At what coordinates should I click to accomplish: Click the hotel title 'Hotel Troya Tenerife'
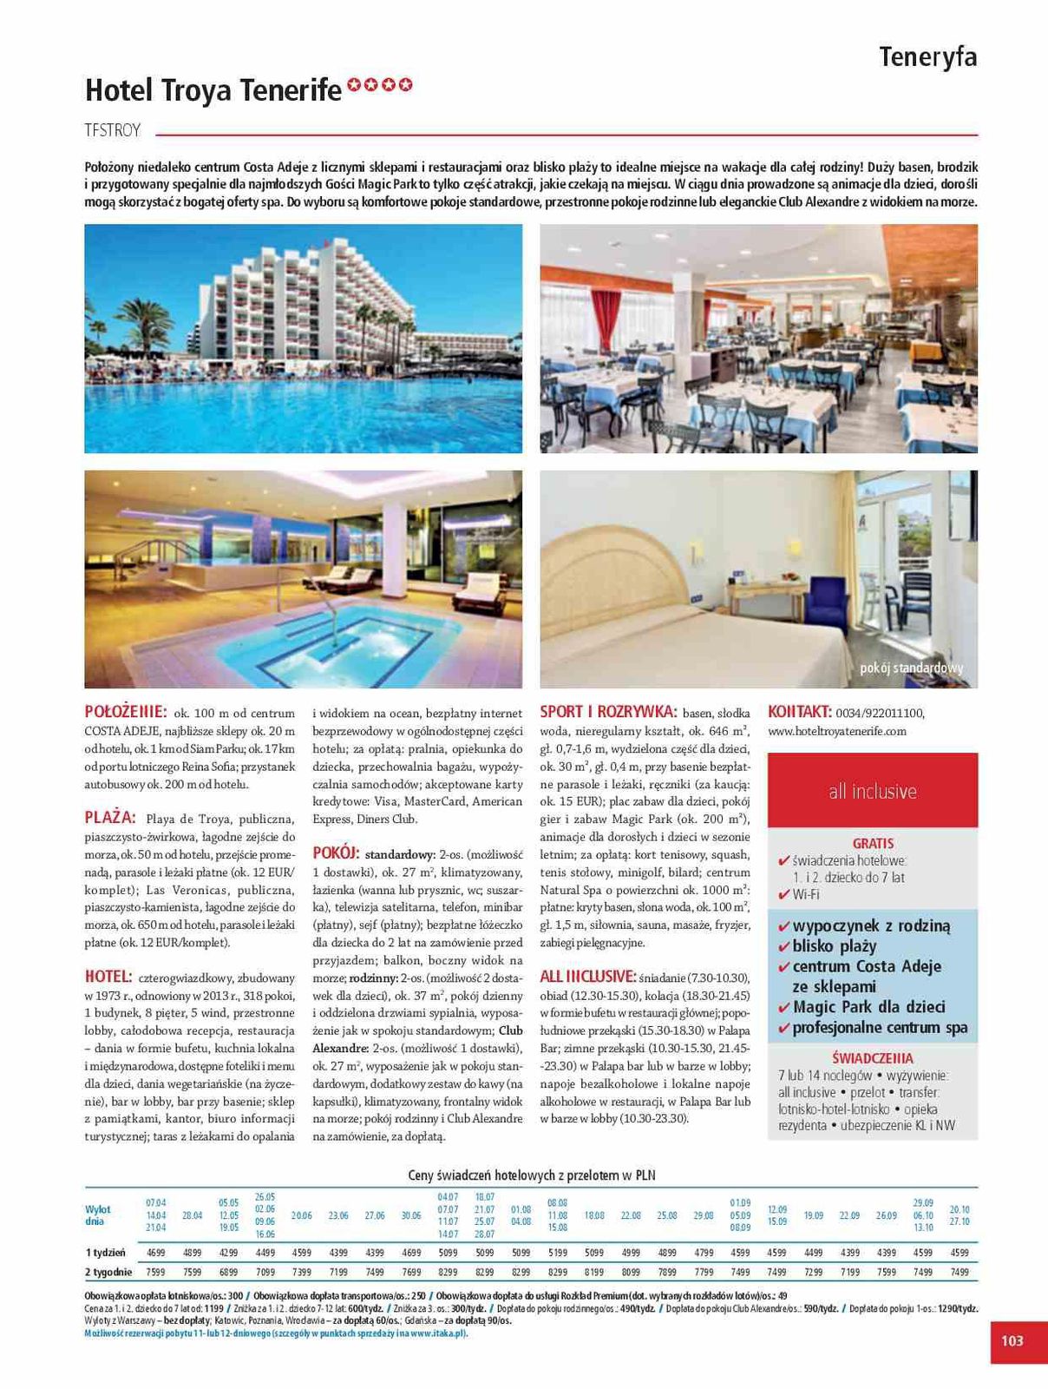point(213,89)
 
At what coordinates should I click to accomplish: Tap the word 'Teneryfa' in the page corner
point(927,57)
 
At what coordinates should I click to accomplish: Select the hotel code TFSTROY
point(113,131)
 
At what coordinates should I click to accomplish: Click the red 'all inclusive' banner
point(872,791)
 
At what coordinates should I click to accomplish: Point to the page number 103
point(1012,1340)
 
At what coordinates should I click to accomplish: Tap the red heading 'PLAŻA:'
point(110,818)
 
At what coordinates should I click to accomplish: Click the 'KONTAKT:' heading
point(800,713)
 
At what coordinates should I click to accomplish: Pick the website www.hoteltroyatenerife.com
point(837,732)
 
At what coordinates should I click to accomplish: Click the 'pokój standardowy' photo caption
point(911,668)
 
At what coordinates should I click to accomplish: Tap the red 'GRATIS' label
point(873,843)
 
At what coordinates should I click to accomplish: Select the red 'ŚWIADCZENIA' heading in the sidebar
point(872,1058)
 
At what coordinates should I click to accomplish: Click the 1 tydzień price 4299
point(229,1253)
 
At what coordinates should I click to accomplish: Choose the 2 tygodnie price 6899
point(229,1272)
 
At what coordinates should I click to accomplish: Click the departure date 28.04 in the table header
point(193,1215)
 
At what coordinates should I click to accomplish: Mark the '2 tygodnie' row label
point(108,1272)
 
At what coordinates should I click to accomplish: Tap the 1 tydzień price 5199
point(558,1253)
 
